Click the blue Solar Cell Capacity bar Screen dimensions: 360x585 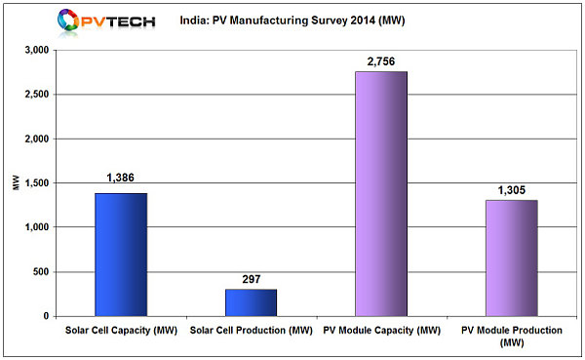tap(121, 255)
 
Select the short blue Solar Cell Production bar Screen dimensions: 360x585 tap(251, 302)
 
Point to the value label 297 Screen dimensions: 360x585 tap(251, 279)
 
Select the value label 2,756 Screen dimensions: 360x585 tap(381, 60)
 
